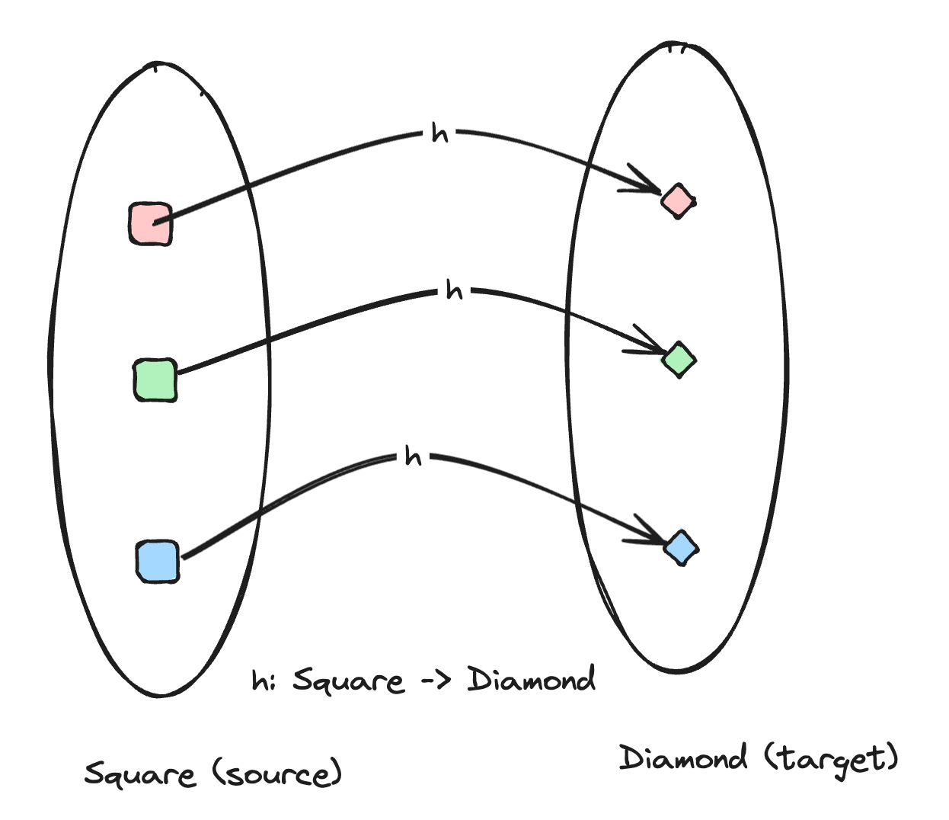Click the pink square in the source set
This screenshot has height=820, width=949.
(x=151, y=223)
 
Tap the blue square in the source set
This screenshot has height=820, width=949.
(x=158, y=562)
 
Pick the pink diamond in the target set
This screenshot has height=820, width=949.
(x=678, y=200)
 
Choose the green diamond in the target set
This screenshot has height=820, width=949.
(x=679, y=360)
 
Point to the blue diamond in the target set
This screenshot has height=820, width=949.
(x=681, y=547)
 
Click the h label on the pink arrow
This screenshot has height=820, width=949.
(x=439, y=133)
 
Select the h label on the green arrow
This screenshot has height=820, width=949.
(x=454, y=290)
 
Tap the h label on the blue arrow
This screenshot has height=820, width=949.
(x=413, y=456)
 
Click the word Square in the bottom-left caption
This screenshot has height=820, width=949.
(x=139, y=774)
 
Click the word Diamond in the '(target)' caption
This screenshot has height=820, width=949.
(x=682, y=758)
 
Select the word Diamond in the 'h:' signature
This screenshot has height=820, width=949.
(x=531, y=679)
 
